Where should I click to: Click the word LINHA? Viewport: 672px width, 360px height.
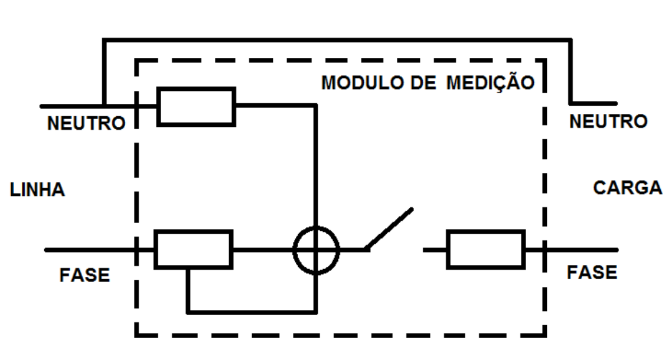37,189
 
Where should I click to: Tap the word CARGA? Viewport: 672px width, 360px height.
628,188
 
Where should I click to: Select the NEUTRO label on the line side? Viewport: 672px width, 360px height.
86,123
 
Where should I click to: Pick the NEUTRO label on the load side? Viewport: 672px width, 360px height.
608,122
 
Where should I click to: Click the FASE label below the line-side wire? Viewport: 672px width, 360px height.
84,274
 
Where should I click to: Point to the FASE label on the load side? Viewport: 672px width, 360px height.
592,273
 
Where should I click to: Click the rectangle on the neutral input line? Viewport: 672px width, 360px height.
196,107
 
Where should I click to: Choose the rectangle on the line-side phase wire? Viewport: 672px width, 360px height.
193,250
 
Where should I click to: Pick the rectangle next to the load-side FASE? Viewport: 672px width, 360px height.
486,250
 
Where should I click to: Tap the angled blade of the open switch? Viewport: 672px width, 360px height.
389,229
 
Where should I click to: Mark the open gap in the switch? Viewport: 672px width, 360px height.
396,250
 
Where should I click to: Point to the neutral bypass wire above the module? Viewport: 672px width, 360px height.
337,40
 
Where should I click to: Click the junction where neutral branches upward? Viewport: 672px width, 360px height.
104,106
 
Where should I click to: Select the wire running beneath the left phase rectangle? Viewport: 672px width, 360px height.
252,312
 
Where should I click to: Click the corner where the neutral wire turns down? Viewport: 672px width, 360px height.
316,104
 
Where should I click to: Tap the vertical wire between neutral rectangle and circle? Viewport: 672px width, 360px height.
316,165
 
